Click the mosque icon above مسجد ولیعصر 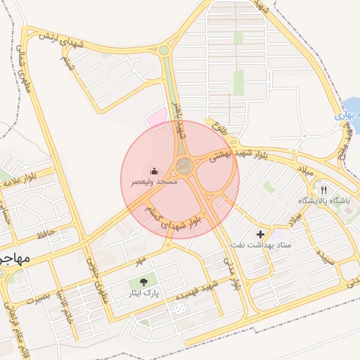154,171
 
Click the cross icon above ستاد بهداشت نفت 261,233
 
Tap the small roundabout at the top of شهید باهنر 164,50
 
